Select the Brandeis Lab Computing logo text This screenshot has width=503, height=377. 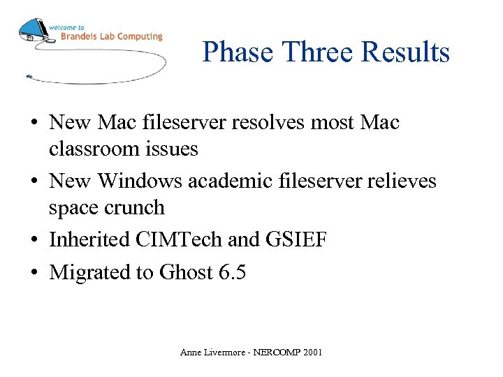(110, 36)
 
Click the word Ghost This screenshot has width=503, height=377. (185, 273)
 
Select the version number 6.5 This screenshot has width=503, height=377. (232, 273)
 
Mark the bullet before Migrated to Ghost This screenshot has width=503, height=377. (34, 273)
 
